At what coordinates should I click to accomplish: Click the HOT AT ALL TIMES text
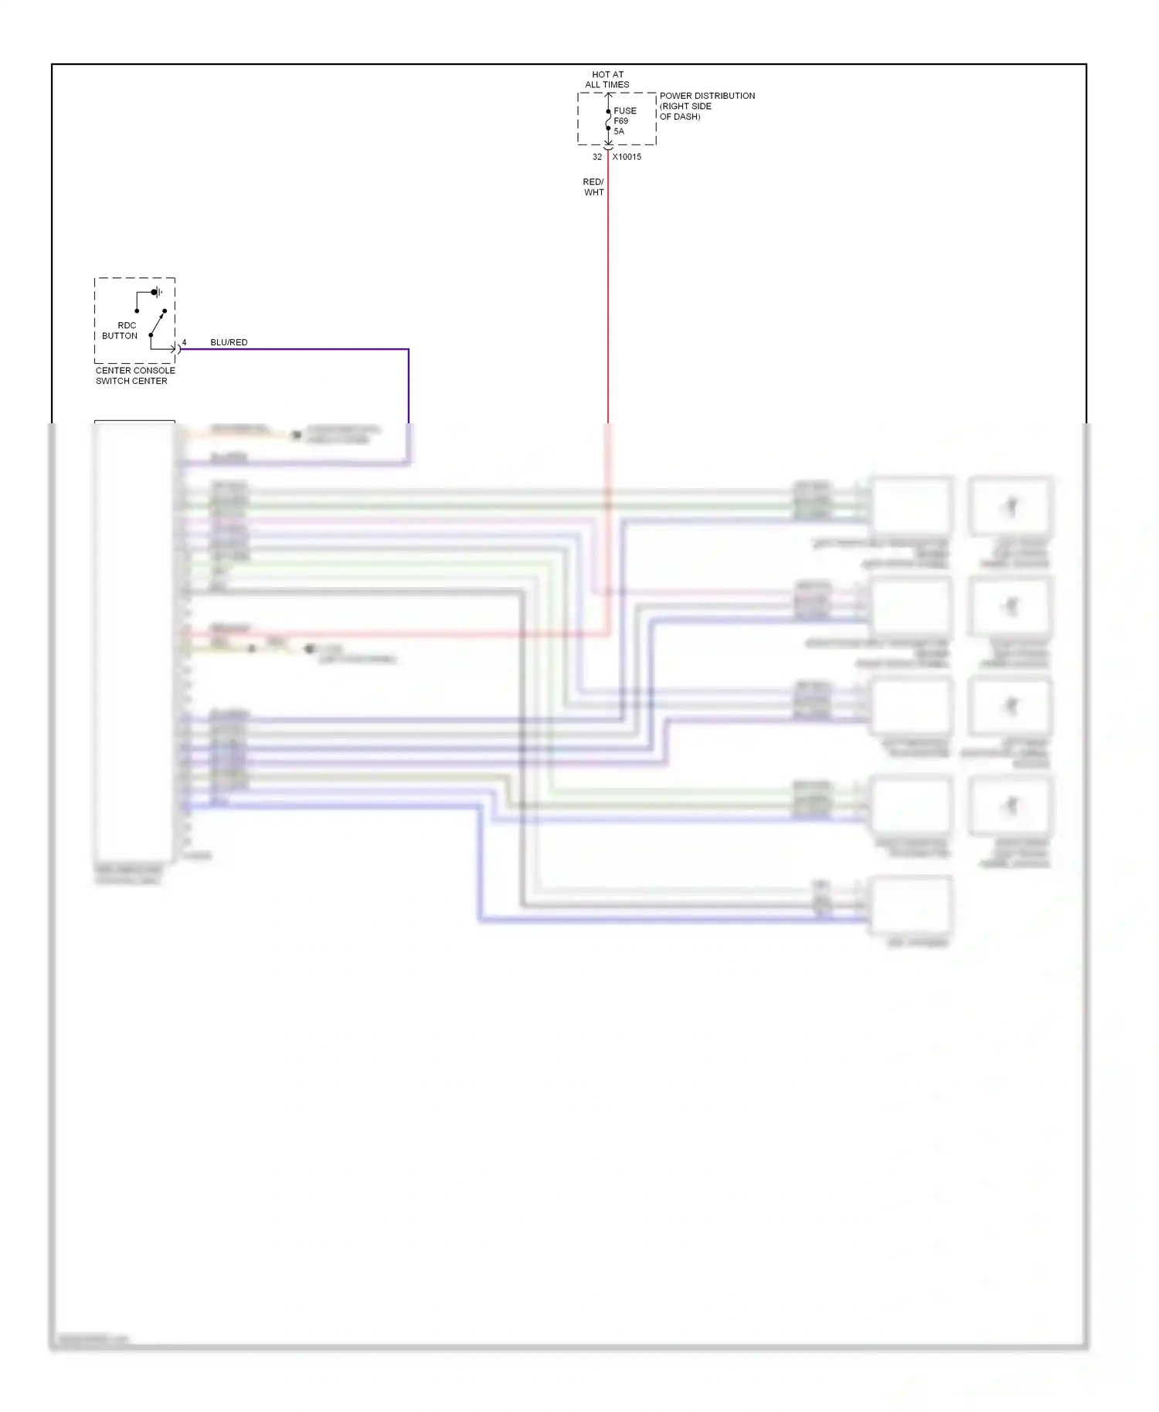click(607, 80)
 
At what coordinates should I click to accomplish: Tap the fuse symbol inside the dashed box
click(609, 120)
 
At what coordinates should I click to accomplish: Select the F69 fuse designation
click(621, 121)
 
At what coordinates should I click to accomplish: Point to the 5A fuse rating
click(619, 131)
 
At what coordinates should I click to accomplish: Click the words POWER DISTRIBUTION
click(707, 96)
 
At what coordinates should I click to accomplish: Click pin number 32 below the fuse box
click(596, 157)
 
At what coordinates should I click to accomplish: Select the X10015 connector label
click(627, 157)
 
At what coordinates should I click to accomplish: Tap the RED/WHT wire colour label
click(593, 187)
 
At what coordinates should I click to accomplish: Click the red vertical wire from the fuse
click(608, 294)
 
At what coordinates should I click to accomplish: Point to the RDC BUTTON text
click(121, 331)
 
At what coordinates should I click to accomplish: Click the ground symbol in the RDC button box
click(157, 293)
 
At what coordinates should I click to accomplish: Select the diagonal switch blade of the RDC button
click(158, 323)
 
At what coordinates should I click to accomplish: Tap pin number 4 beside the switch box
click(184, 342)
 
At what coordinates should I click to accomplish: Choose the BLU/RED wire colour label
click(229, 342)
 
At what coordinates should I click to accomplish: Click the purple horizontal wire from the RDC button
click(294, 349)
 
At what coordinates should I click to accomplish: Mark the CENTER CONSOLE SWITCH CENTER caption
click(134, 375)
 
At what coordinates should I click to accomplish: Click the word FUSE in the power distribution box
click(625, 111)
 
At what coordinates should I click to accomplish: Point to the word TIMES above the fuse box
click(617, 85)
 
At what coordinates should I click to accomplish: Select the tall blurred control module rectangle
click(134, 641)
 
